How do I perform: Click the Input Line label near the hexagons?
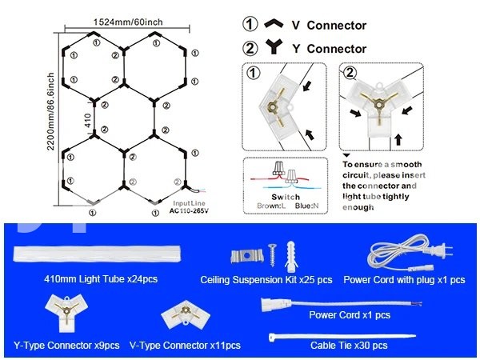coord(190,205)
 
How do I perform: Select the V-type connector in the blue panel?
coord(182,318)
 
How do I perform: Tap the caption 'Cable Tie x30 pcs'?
coord(349,346)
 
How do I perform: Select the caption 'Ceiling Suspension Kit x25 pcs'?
coord(266,281)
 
